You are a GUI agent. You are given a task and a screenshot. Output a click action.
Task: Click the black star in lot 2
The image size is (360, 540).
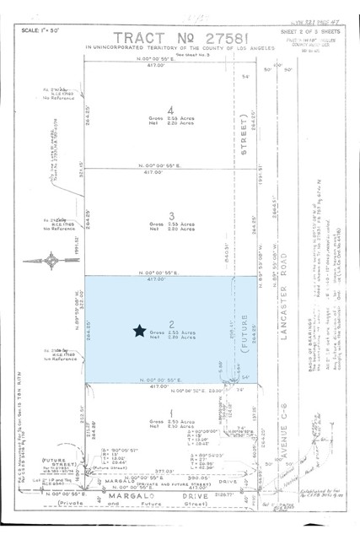[x=139, y=332]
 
